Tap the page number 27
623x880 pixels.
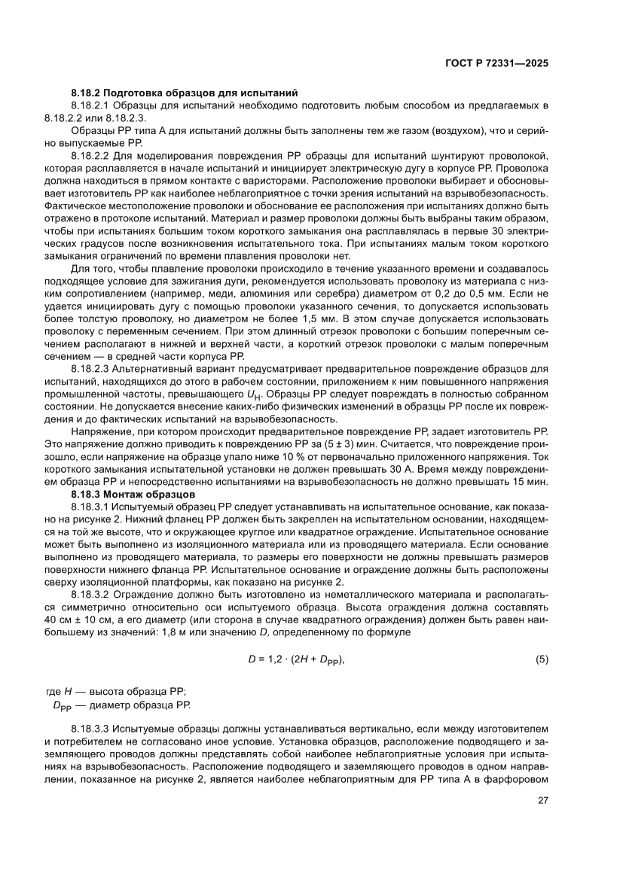[x=542, y=801]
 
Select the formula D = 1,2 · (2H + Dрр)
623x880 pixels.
[x=297, y=659]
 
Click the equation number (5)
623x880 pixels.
[x=541, y=659]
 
